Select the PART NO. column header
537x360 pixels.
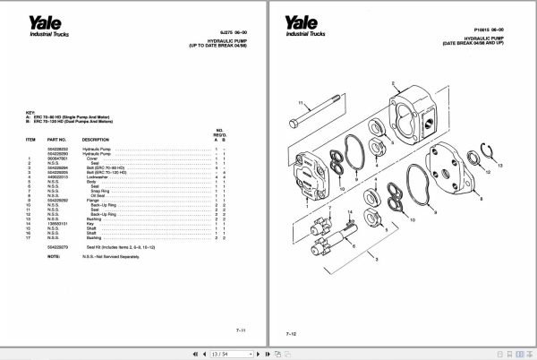tap(56, 140)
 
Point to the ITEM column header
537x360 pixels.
tap(30, 140)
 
